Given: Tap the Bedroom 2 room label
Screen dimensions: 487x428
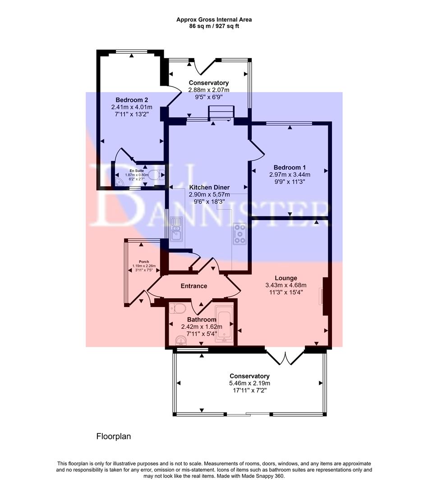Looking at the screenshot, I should pos(132,100).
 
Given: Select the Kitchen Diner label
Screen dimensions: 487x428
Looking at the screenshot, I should pos(209,187).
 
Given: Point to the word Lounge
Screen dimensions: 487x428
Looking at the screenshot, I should pos(286,278).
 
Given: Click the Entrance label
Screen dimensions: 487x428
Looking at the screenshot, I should pos(194,286).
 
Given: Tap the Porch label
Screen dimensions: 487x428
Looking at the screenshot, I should pos(144,262).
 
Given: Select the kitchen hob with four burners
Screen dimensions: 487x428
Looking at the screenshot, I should pos(240,234).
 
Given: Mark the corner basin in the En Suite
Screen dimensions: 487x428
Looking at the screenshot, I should pos(120,182).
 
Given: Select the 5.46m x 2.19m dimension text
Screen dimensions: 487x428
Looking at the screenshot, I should pos(249,383).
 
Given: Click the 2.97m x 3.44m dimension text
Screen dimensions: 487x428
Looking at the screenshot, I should pos(290,175).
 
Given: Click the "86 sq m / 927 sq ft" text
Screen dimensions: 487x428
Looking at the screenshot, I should pos(214,26).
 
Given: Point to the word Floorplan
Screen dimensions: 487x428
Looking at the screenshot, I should pos(113,436).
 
